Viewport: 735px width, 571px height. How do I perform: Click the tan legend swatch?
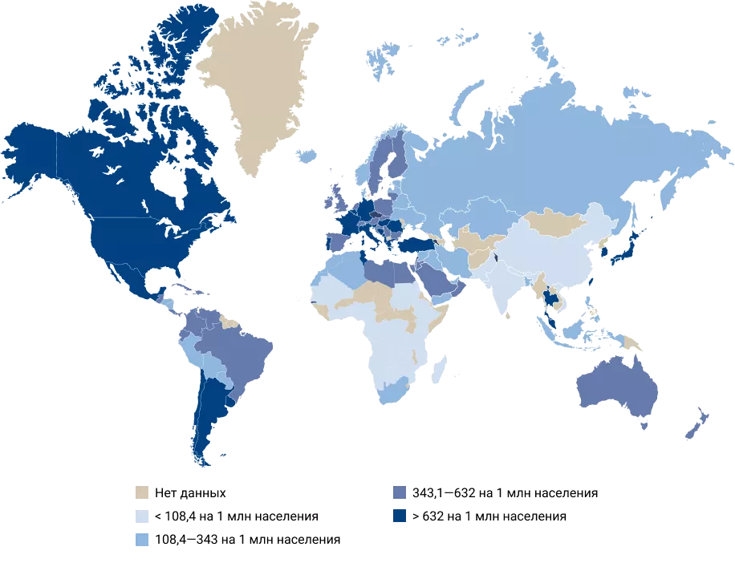point(142,492)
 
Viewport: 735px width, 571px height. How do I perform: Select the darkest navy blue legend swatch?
point(400,516)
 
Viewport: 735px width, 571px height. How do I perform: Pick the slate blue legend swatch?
point(400,492)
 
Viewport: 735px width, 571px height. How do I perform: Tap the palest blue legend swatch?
point(142,516)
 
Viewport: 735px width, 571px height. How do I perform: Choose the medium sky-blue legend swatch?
point(142,539)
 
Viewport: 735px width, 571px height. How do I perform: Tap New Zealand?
point(694,425)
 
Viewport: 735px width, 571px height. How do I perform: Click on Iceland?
point(307,156)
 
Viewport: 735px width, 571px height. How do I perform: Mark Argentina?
point(210,409)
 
